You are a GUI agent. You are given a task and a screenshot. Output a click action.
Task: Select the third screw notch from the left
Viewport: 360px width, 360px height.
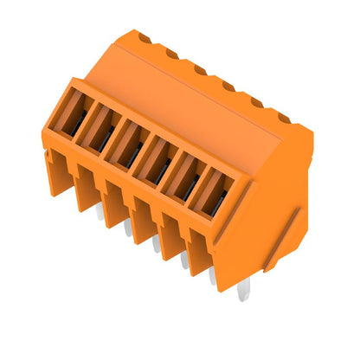pos(199,69)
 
